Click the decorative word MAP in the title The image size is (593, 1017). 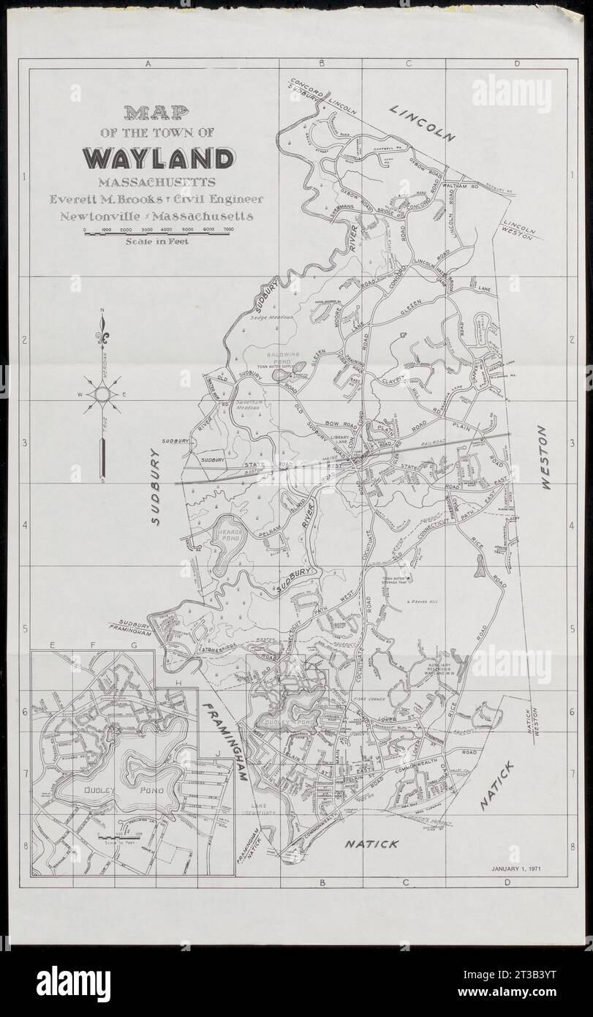[x=155, y=113]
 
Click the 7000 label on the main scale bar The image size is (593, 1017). [x=228, y=230]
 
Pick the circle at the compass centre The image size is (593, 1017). [x=102, y=395]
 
